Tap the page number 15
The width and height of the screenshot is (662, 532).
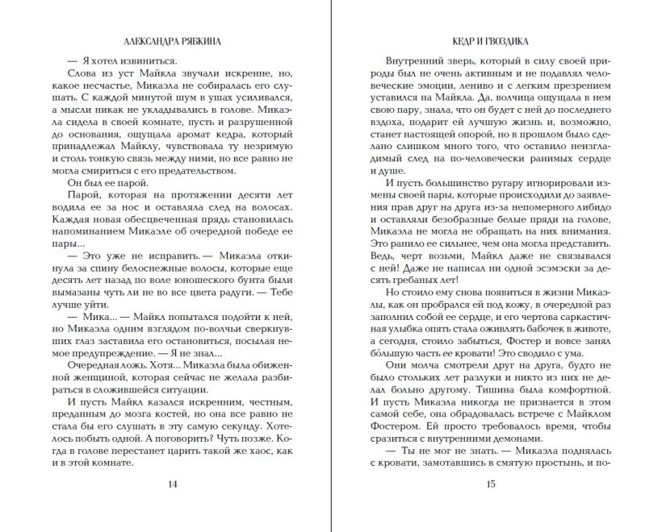[490, 484]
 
